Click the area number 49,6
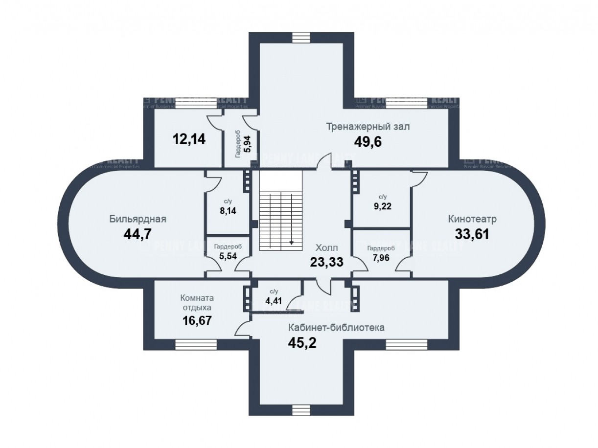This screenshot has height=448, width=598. tap(368, 141)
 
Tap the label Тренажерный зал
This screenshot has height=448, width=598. tap(368, 127)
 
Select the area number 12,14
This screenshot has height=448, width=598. tap(189, 139)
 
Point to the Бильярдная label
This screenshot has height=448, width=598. tap(138, 219)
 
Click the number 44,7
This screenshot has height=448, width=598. tap(137, 234)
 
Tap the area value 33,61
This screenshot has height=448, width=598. tap(472, 233)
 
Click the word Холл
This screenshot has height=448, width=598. tap(326, 248)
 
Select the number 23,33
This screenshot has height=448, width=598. tap(326, 262)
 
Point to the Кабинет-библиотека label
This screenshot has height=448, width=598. tap(336, 328)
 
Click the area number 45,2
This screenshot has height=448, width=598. tap(302, 342)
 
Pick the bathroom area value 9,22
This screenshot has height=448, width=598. tap(383, 206)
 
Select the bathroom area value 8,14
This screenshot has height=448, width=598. tap(228, 211)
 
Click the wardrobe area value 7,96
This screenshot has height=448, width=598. tap(381, 258)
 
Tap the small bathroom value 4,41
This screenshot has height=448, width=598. tap(274, 300)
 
